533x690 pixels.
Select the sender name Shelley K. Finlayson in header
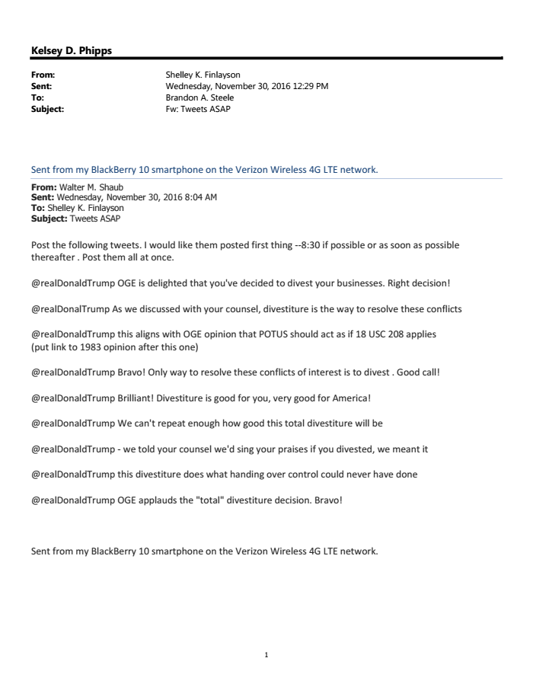point(203,75)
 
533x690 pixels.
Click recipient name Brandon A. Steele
point(199,97)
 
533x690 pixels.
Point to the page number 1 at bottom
point(266,654)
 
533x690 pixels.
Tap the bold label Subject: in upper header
point(47,109)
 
